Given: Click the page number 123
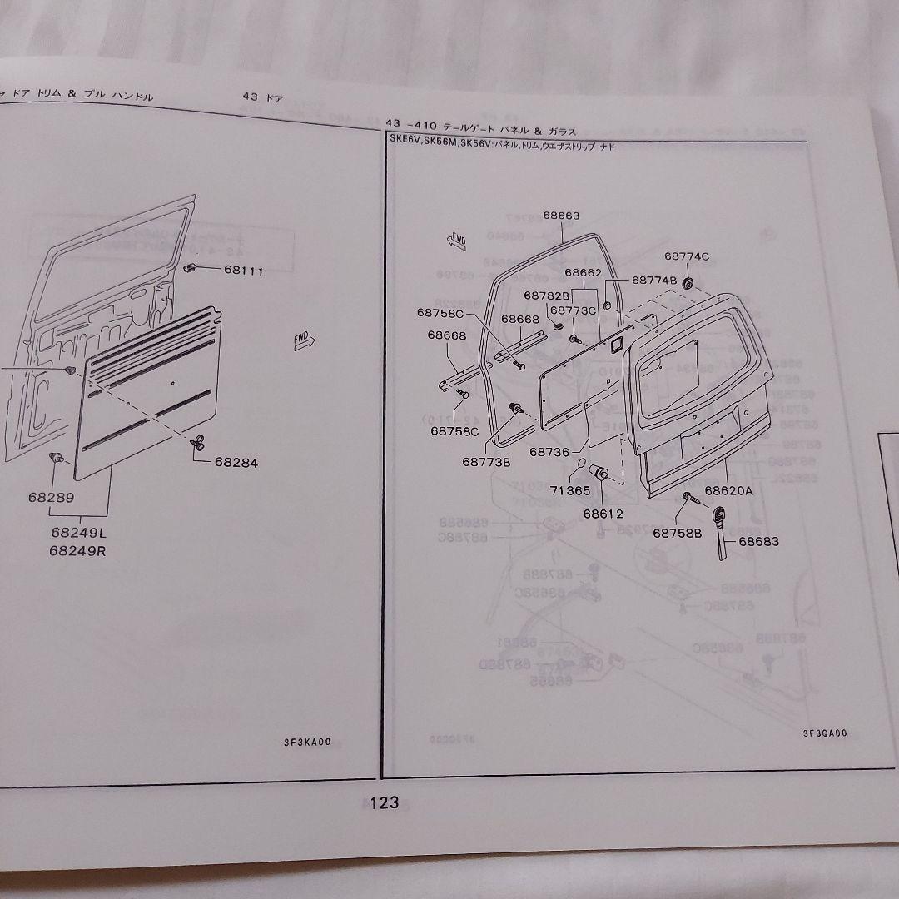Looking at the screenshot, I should [x=385, y=802].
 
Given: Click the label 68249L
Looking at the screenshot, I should [x=79, y=532].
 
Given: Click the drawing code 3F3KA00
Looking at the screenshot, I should [x=311, y=743].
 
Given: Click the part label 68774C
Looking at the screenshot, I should [x=687, y=256].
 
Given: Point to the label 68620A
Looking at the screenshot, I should [x=728, y=490].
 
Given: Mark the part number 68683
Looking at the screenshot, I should [x=758, y=541].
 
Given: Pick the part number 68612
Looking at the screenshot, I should [x=603, y=513].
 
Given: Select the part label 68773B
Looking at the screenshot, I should [x=487, y=461].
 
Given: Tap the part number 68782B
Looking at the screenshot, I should [x=546, y=295].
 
